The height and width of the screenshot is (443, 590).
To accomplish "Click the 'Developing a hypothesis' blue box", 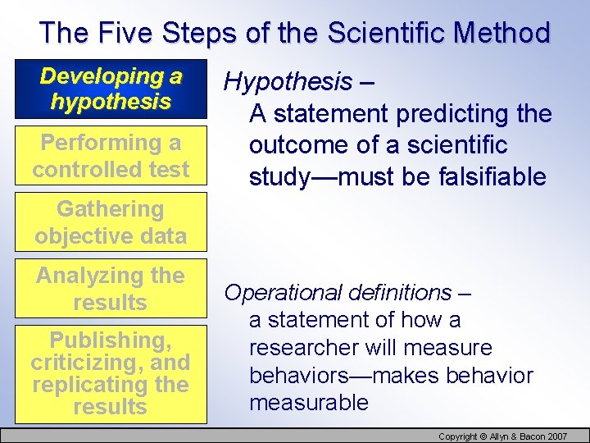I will tap(111, 89).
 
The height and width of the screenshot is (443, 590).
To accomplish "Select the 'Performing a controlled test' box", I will tap(111, 156).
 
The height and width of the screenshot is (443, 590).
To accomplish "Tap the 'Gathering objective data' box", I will tap(111, 222).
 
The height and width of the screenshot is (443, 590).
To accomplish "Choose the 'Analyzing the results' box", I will tap(111, 289).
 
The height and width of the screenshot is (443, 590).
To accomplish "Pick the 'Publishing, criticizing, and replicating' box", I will tap(111, 373).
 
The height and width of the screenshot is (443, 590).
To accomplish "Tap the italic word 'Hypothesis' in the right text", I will tap(287, 82).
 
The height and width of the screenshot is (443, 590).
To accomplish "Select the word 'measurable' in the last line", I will tap(309, 403).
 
